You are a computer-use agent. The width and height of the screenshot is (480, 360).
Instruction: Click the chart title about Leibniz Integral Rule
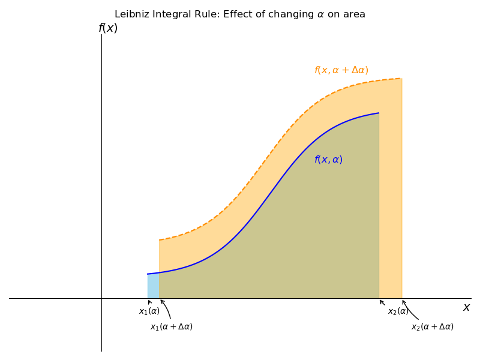click(240, 14)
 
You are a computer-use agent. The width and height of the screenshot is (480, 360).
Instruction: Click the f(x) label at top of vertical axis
click(108, 28)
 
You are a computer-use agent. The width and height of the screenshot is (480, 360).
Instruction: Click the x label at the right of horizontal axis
click(466, 307)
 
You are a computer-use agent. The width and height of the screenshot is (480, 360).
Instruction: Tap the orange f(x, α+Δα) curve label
click(341, 70)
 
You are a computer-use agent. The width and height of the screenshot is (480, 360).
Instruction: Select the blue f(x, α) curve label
click(328, 160)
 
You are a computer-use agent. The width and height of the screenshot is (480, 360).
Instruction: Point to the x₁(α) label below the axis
click(149, 311)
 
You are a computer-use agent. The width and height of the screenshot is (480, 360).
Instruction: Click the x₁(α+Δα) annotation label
click(172, 327)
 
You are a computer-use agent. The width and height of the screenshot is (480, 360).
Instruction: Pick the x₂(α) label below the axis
click(398, 311)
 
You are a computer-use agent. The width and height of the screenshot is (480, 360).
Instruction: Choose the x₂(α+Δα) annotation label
click(432, 327)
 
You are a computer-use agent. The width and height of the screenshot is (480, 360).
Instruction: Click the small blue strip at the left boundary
click(154, 286)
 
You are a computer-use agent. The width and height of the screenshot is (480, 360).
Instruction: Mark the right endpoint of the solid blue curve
click(379, 113)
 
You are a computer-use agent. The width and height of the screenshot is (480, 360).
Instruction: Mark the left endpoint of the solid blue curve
click(148, 274)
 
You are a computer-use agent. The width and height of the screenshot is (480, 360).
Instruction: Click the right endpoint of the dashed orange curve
click(402, 79)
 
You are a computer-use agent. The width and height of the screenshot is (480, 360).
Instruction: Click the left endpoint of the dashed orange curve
click(160, 240)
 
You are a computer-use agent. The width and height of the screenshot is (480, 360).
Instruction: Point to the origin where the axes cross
click(101, 298)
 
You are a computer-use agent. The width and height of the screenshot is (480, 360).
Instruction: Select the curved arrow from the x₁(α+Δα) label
click(167, 308)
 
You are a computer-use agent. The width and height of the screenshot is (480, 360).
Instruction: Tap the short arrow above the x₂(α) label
click(382, 302)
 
